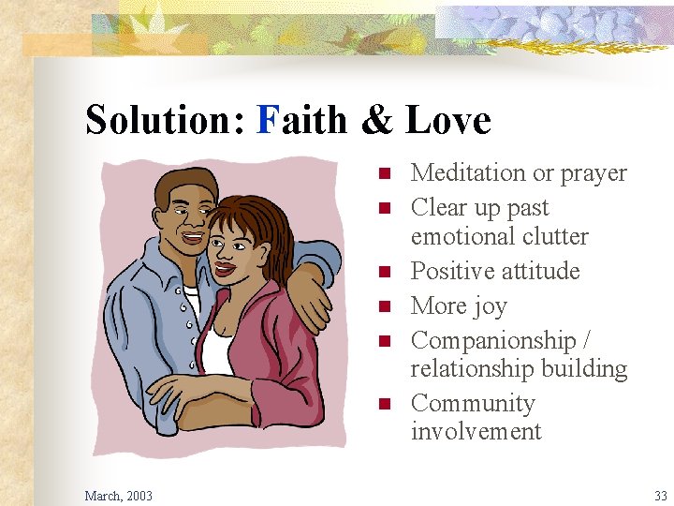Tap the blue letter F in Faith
pyautogui.click(x=267, y=121)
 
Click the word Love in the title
pyautogui.click(x=448, y=121)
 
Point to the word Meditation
pyautogui.click(x=456, y=173)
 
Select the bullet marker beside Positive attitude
pyautogui.click(x=383, y=273)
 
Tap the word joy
pyautogui.click(x=489, y=307)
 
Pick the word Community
pyautogui.click(x=473, y=404)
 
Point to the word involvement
pyautogui.click(x=476, y=432)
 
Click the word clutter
pyautogui.click(x=554, y=237)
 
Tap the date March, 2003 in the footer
pyautogui.click(x=118, y=495)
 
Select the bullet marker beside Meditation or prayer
pyautogui.click(x=383, y=174)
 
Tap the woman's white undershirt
pyautogui.click(x=217, y=352)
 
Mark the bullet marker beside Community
pyautogui.click(x=383, y=405)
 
